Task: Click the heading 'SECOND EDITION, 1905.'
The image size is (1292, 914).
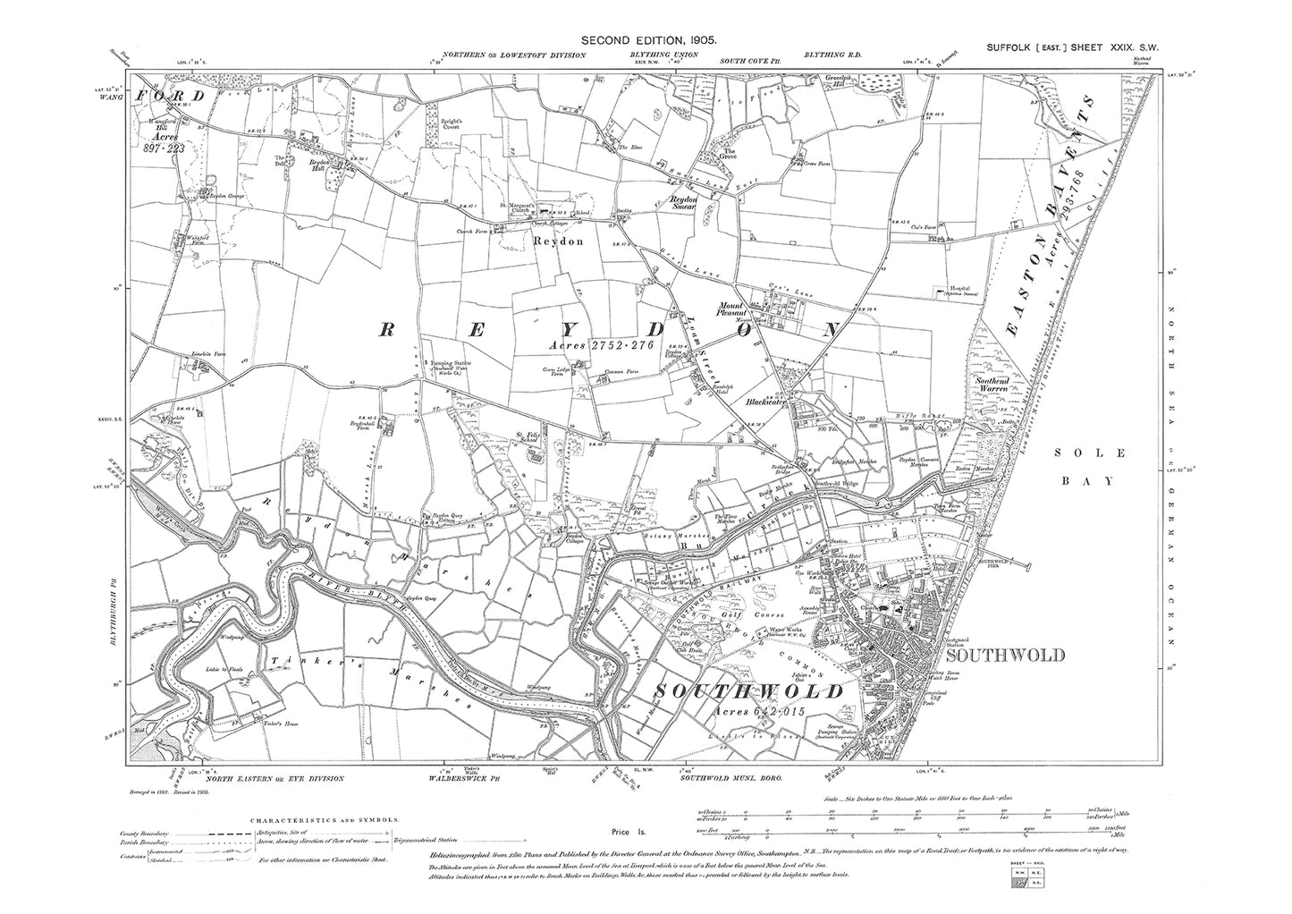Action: (650, 40)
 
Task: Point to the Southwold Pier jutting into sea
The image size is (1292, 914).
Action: (1019, 565)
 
